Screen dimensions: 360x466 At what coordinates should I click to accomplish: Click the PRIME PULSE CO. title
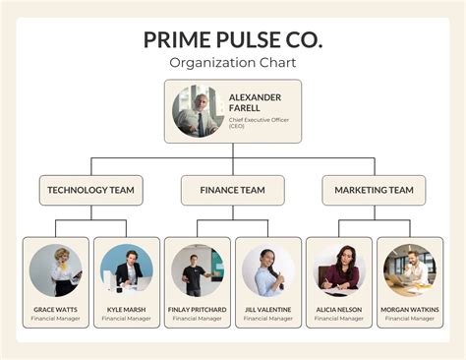pos(233,40)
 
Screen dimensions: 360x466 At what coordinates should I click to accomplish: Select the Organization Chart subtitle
pos(233,63)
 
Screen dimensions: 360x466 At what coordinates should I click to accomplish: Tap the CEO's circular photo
pos(198,111)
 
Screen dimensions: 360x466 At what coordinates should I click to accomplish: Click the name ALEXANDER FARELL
pos(255,103)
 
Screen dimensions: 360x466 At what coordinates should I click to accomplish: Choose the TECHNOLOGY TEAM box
pos(91,190)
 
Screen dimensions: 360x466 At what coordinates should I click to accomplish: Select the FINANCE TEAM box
pos(233,190)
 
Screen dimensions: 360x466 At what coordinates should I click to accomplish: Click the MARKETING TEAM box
pos(374,190)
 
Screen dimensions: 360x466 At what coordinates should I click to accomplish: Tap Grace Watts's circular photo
pos(55,270)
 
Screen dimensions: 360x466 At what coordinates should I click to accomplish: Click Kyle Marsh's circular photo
pos(126,270)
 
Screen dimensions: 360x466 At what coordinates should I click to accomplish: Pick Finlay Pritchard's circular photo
pos(198,270)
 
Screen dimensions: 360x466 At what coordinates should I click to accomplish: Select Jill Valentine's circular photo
pos(268,270)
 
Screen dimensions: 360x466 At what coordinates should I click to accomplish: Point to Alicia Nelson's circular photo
pos(339,270)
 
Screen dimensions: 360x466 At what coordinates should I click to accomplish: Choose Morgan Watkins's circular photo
pos(410,270)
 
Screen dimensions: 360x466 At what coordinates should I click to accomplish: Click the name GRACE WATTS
pos(55,310)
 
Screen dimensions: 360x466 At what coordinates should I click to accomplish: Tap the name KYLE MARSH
pos(126,310)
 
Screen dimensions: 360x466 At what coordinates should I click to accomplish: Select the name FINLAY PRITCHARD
pos(198,310)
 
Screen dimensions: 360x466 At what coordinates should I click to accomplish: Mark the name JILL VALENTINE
pos(268,310)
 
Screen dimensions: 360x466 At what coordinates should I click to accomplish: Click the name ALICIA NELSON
pos(339,310)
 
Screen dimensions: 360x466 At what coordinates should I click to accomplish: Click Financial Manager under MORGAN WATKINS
pos(410,319)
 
